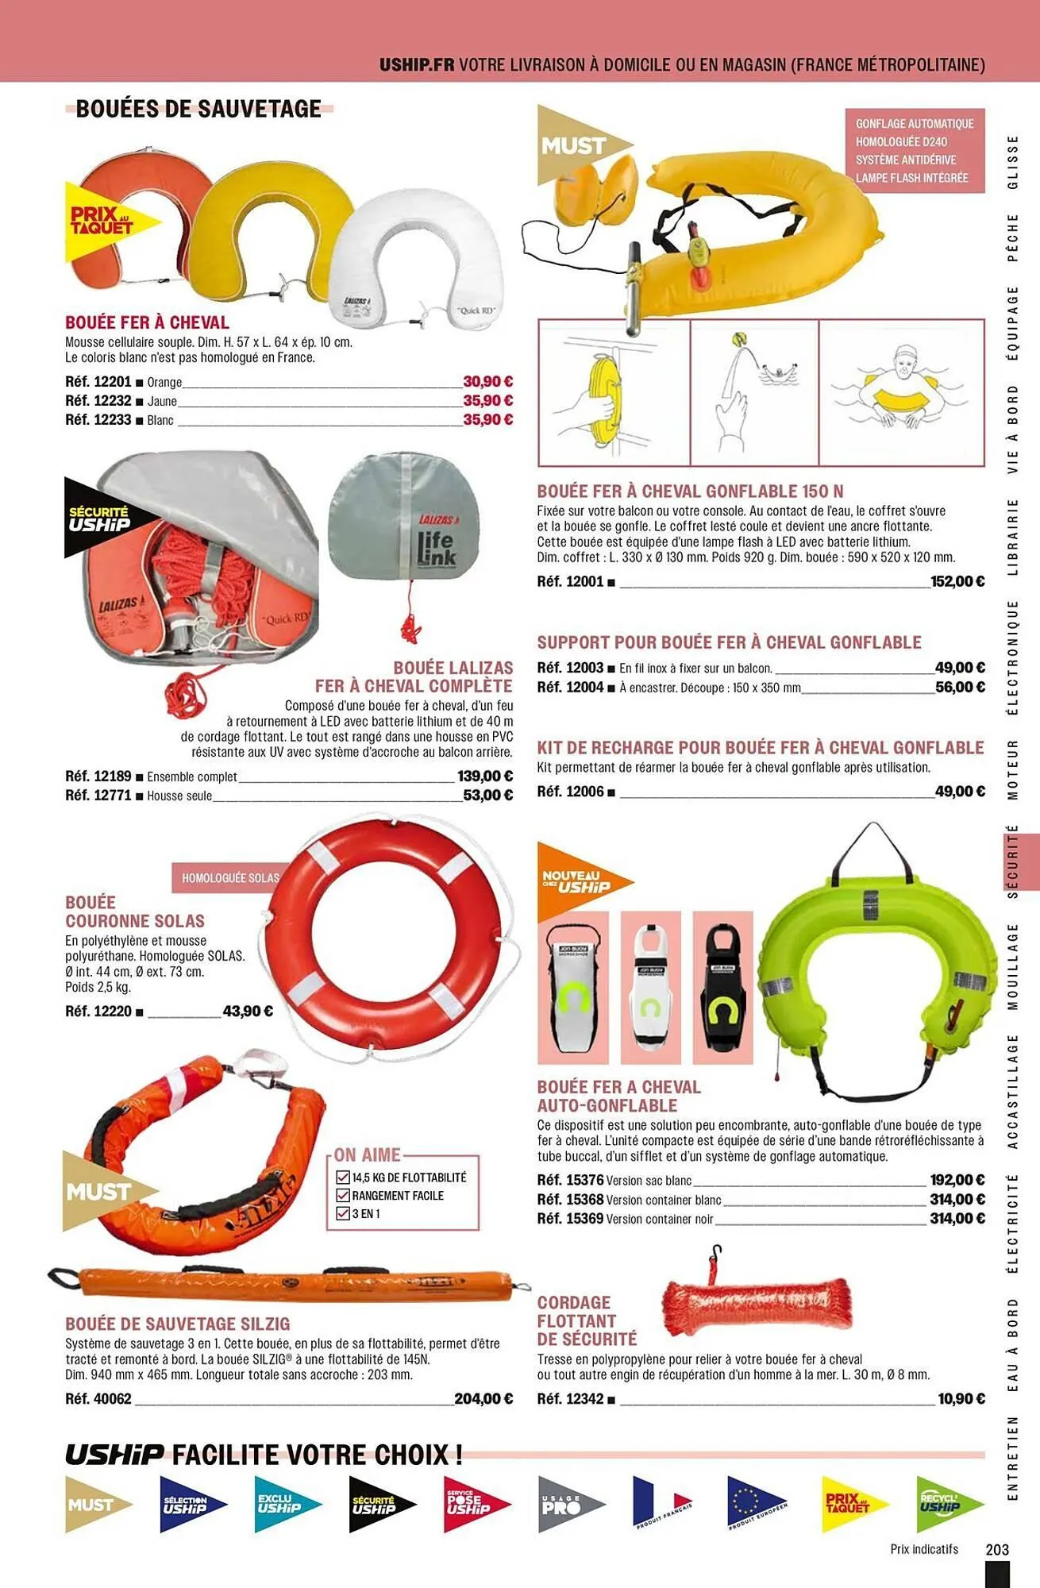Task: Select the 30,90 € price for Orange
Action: tap(487, 382)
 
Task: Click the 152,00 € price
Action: tap(957, 582)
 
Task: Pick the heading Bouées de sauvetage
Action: tap(198, 109)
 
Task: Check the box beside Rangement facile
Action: tap(343, 1196)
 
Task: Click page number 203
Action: tap(997, 1549)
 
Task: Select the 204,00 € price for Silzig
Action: tap(483, 1399)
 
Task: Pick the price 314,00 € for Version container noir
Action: tap(957, 1219)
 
